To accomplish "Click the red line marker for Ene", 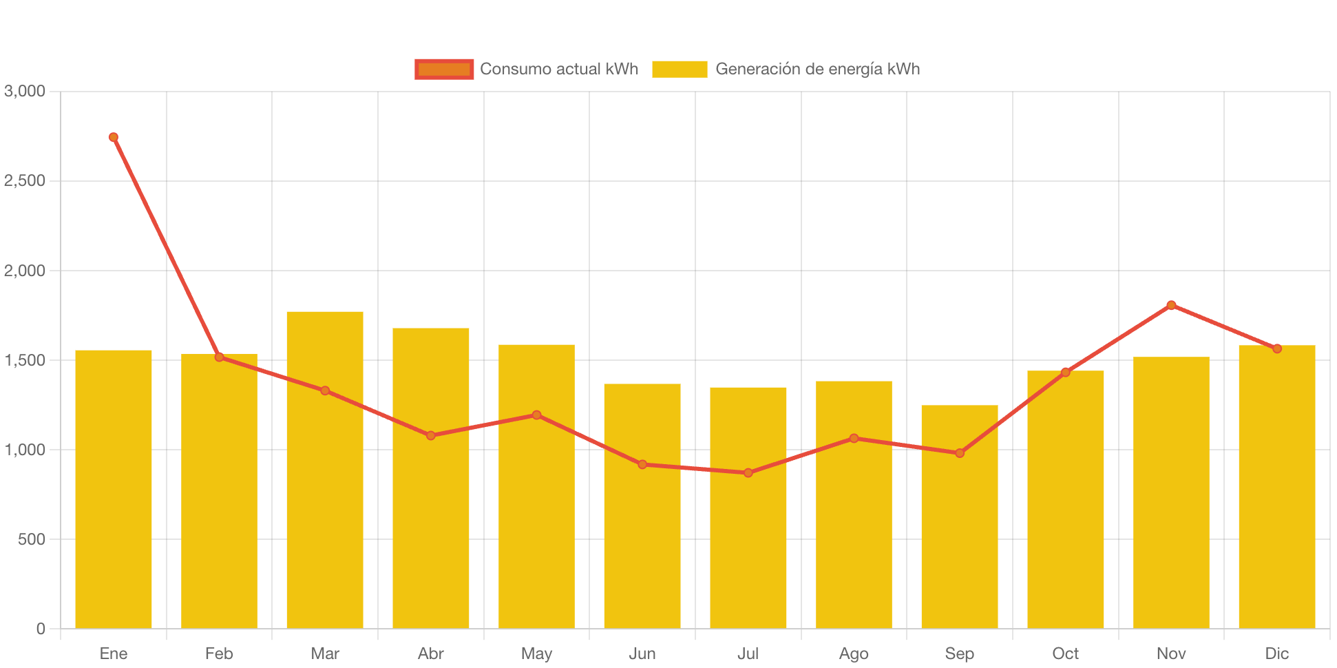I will (x=114, y=137).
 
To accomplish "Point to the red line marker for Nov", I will (x=1171, y=305).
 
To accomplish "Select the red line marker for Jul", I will (x=748, y=473).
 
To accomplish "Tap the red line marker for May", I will (x=536, y=415).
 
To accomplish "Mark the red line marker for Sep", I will (x=960, y=453).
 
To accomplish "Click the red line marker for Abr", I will (x=431, y=436).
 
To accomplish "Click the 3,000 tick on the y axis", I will (x=25, y=92).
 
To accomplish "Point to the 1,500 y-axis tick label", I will (x=25, y=360).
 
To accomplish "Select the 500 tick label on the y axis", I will (x=32, y=539).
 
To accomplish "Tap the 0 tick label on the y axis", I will (x=41, y=629).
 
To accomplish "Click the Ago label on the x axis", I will (x=854, y=654).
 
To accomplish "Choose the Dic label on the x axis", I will (x=1277, y=654).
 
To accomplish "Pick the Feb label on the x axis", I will (x=219, y=654).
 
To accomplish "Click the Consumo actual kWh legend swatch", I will (x=444, y=70).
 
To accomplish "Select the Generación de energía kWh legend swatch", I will (x=680, y=70).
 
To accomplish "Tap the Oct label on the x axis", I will (x=1065, y=654).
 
